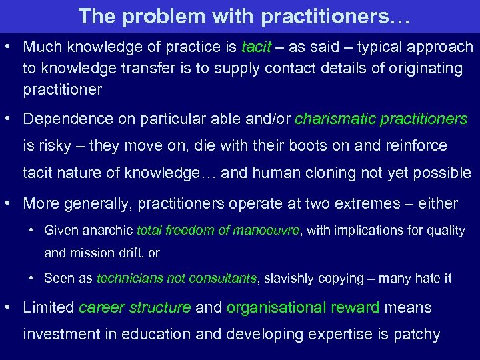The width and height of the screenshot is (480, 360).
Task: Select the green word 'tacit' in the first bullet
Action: point(255,47)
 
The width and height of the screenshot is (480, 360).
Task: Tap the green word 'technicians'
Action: point(127,279)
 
